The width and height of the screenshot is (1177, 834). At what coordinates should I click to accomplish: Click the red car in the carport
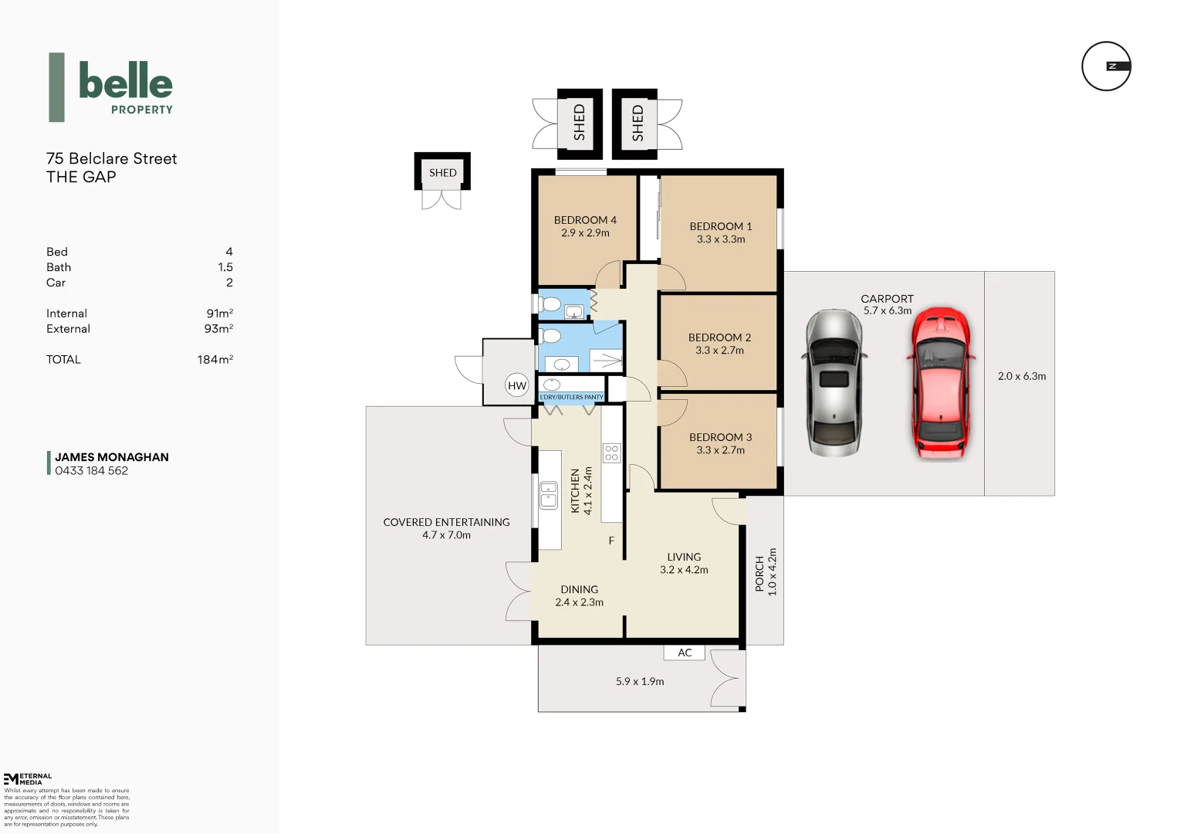940,383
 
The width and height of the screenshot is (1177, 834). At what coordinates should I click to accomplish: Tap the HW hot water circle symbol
516,385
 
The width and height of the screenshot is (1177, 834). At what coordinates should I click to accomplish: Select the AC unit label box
685,653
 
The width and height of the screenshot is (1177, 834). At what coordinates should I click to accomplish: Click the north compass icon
1106,66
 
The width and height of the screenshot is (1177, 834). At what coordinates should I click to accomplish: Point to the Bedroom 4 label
585,220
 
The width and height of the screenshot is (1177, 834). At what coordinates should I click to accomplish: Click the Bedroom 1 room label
720,226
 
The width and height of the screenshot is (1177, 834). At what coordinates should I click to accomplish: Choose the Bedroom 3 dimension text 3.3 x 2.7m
720,450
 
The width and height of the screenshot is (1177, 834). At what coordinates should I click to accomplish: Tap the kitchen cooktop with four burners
611,453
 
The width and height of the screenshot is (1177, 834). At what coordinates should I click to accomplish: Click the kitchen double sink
548,496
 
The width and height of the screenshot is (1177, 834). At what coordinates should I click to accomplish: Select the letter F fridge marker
611,541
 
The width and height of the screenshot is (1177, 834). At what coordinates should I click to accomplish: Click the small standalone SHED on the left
442,172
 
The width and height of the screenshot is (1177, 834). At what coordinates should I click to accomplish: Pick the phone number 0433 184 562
91,471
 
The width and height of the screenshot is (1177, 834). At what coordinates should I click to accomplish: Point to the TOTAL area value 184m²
215,360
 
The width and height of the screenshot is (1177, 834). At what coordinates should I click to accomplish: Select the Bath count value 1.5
225,267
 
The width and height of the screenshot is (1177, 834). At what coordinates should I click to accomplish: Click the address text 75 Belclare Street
112,158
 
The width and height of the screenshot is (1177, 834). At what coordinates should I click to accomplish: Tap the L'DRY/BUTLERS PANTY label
571,397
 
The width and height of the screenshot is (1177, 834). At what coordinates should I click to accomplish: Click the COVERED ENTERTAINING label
446,522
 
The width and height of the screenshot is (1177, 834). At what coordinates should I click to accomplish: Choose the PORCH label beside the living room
759,573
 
